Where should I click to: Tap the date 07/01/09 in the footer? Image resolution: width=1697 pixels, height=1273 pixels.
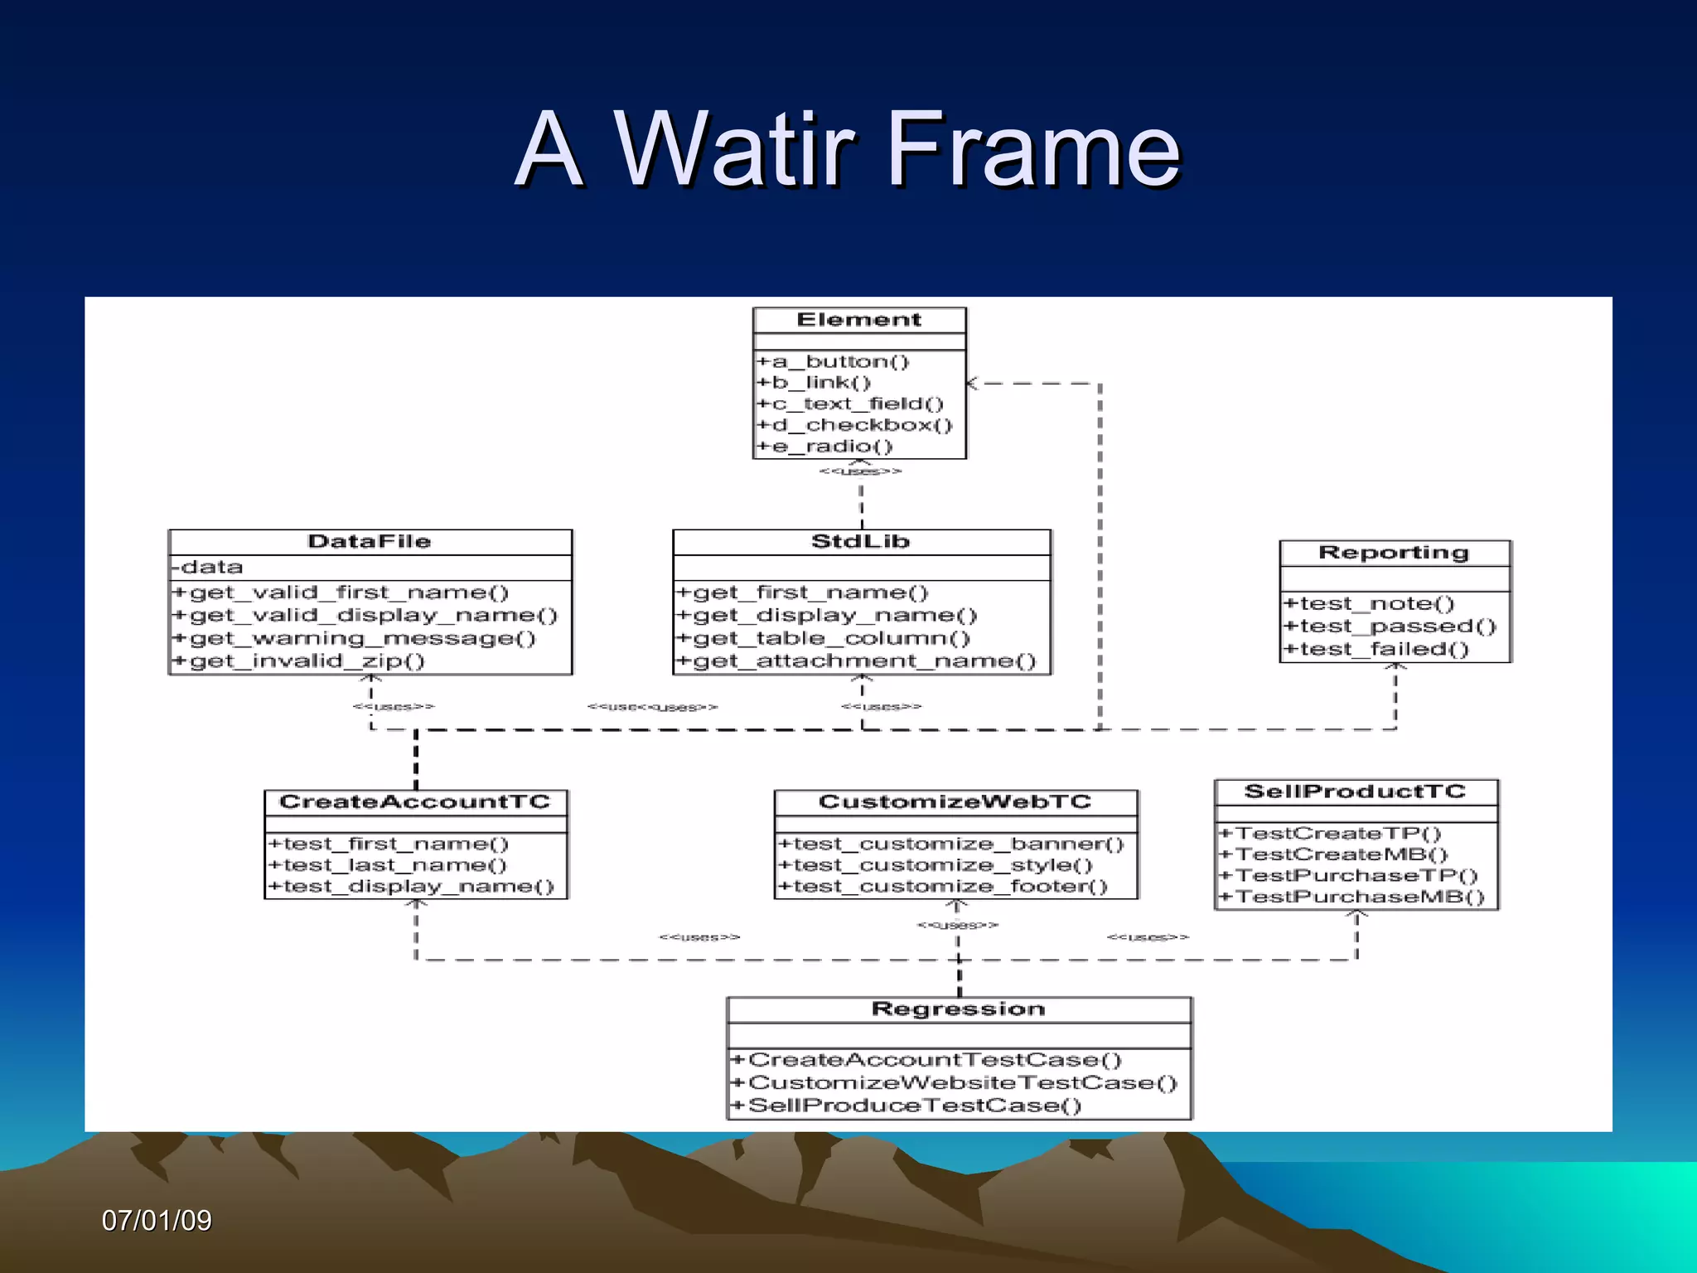coord(157,1221)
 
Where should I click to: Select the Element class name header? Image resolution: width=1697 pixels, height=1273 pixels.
coord(858,320)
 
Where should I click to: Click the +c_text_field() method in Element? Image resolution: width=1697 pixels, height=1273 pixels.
coord(849,404)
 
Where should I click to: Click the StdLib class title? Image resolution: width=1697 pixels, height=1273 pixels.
coord(860,542)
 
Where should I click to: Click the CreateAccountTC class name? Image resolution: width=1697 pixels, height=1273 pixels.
coord(414,802)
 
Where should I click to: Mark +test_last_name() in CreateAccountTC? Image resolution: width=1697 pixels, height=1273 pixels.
coord(386,865)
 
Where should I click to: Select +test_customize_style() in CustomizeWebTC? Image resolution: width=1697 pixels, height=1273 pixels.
coord(935,865)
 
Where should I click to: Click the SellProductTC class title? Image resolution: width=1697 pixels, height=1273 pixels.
coord(1355,791)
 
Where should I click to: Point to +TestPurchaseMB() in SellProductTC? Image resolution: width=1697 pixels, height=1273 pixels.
coord(1352,898)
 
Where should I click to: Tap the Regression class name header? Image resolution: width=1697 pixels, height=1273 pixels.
coord(958,1009)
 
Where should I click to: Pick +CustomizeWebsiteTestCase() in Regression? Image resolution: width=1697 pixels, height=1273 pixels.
coord(953,1083)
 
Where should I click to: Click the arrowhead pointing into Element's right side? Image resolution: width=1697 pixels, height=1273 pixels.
coord(973,384)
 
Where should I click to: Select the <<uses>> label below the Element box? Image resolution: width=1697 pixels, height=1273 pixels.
coord(860,472)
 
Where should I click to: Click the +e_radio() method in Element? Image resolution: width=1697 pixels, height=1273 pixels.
coord(824,447)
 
